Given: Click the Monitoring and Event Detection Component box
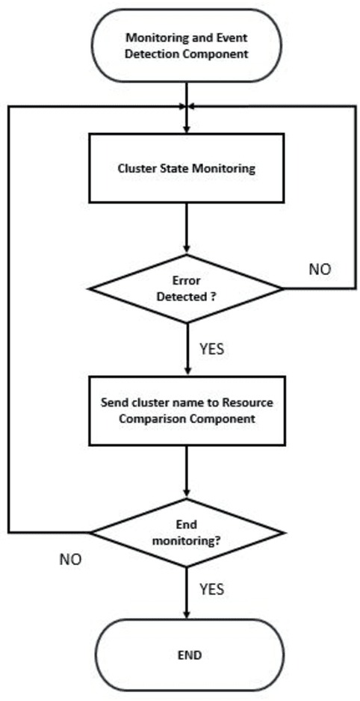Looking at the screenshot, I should tap(186, 44).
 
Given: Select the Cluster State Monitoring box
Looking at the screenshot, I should tap(186, 168).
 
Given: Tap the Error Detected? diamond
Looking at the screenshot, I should tap(186, 288).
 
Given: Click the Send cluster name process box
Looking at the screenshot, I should tap(186, 410).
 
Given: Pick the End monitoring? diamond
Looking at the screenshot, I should tap(186, 533).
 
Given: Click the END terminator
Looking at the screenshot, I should tap(186, 655).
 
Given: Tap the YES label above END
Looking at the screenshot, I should tap(213, 589).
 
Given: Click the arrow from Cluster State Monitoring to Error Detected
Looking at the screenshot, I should tap(186, 227).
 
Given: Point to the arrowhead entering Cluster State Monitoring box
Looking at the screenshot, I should tap(186, 129).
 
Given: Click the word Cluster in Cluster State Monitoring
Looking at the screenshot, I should tap(134, 168).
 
